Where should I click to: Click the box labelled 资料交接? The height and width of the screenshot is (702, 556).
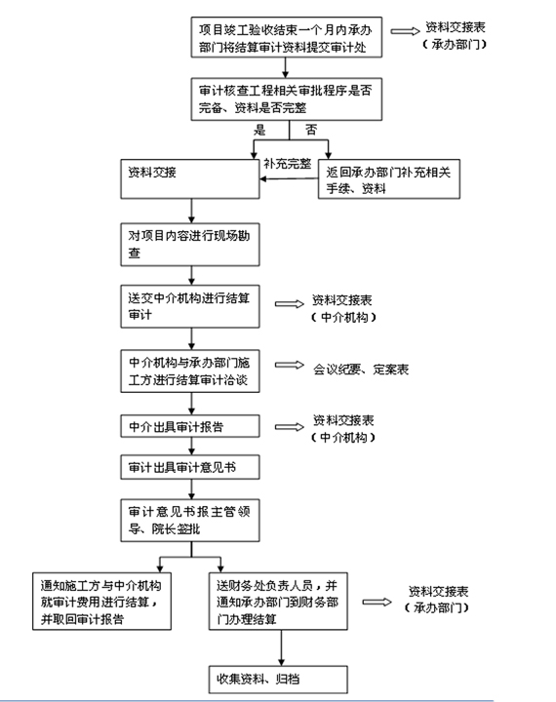coord(190,179)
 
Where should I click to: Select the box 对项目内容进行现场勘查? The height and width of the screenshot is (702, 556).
coord(190,245)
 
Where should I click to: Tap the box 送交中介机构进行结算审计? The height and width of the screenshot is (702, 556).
coord(190,306)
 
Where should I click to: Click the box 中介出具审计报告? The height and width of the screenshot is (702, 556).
coord(190,426)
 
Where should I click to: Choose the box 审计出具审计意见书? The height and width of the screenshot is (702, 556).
coord(190,467)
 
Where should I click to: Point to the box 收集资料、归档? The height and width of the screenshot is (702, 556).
coord(278,680)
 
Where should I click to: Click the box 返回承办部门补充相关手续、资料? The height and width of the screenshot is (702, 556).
coord(389,179)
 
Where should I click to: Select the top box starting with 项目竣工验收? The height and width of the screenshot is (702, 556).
coord(286,37)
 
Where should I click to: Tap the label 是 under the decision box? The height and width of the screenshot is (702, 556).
coord(259,131)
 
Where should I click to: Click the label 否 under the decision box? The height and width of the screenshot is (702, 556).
coord(311,130)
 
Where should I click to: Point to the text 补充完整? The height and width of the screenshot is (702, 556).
coord(287,164)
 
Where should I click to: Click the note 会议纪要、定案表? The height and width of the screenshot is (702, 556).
coord(361,370)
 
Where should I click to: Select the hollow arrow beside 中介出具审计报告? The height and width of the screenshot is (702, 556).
coord(290,427)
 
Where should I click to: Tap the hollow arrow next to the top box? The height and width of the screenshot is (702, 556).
coord(405,31)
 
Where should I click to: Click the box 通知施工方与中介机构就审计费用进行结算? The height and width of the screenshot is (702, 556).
coord(101,602)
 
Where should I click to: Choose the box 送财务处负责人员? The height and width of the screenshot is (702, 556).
coord(278,602)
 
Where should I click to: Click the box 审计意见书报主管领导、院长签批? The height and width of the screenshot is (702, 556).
coord(190,521)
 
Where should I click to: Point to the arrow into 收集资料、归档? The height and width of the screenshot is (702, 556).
coord(281,647)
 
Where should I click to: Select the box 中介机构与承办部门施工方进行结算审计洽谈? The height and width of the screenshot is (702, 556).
coord(190,371)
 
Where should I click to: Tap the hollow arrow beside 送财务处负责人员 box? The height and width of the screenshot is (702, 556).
coord(377,602)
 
